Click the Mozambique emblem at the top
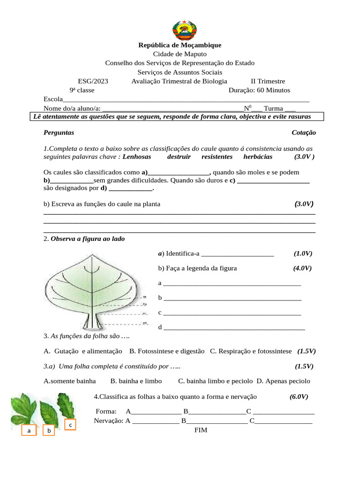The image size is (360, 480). (180, 30)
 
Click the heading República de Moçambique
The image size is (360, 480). (180, 45)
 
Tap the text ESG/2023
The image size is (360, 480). (93, 81)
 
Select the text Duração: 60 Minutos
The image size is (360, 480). (259, 90)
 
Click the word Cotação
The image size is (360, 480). (303, 133)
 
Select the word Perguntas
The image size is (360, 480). (59, 133)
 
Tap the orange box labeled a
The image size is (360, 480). (29, 430)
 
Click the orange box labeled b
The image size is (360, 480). (49, 430)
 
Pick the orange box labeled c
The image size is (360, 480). (70, 425)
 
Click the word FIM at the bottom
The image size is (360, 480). (201, 429)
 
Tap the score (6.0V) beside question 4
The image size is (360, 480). (299, 397)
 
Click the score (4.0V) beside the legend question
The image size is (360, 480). (302, 268)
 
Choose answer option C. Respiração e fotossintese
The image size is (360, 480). (251, 351)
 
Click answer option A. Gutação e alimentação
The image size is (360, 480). (82, 351)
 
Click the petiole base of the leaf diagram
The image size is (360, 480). (92, 324)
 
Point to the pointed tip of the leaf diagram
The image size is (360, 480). (93, 253)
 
